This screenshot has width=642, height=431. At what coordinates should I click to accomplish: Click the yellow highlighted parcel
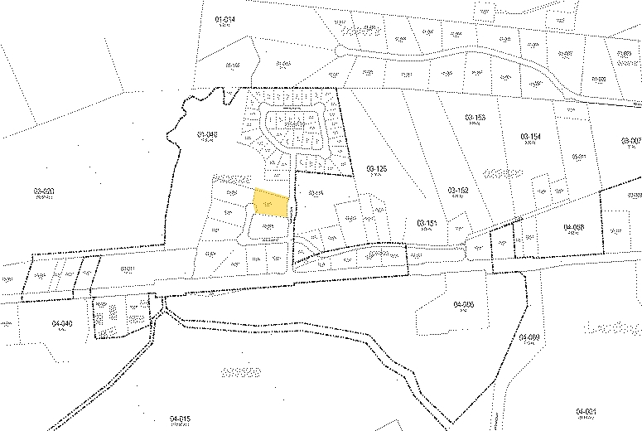[x=270, y=204]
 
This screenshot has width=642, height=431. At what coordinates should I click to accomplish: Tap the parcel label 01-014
[x=224, y=18]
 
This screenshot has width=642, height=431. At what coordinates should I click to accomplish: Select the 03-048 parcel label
[x=206, y=134]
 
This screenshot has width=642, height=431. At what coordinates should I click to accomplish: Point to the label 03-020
[x=44, y=191]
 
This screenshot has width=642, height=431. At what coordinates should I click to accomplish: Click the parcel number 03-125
[x=377, y=169]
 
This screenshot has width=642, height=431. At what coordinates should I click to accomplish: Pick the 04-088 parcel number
[x=573, y=226]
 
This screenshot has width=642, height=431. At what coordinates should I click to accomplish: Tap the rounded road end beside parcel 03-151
[x=478, y=247]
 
